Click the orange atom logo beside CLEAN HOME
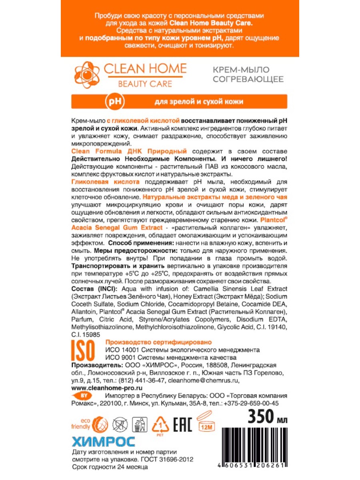tap(86, 75)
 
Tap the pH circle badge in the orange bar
tap(112, 102)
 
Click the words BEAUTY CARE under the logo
tap(144, 84)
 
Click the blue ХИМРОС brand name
tap(103, 442)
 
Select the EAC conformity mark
tap(182, 424)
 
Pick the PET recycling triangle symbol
tap(160, 424)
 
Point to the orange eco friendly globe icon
tap(100, 424)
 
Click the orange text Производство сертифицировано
tap(158, 342)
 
